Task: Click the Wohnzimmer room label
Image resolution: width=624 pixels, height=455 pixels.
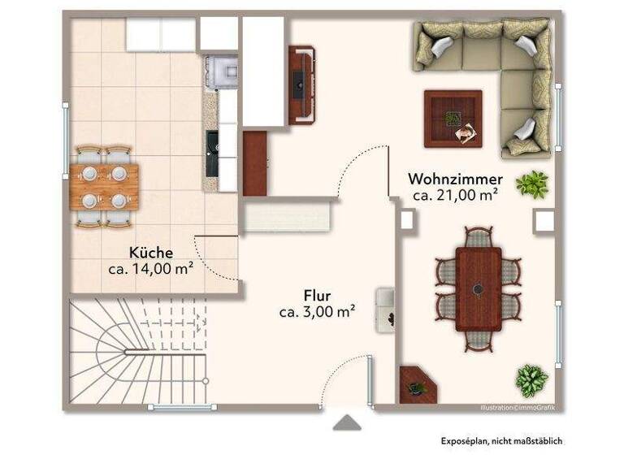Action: (x=455, y=179)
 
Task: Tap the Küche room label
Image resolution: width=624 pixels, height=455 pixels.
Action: (x=150, y=253)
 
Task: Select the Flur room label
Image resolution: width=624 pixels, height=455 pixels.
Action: (x=317, y=295)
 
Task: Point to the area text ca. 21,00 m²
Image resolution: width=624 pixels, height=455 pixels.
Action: (x=455, y=195)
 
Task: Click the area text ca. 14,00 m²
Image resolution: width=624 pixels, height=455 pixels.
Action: (x=150, y=268)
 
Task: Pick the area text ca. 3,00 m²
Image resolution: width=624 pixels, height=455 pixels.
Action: (x=317, y=311)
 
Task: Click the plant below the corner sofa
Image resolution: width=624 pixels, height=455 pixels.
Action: (x=532, y=184)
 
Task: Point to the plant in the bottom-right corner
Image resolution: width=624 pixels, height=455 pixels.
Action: (x=531, y=379)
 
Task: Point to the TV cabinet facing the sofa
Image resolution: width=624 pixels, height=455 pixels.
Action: (x=302, y=84)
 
